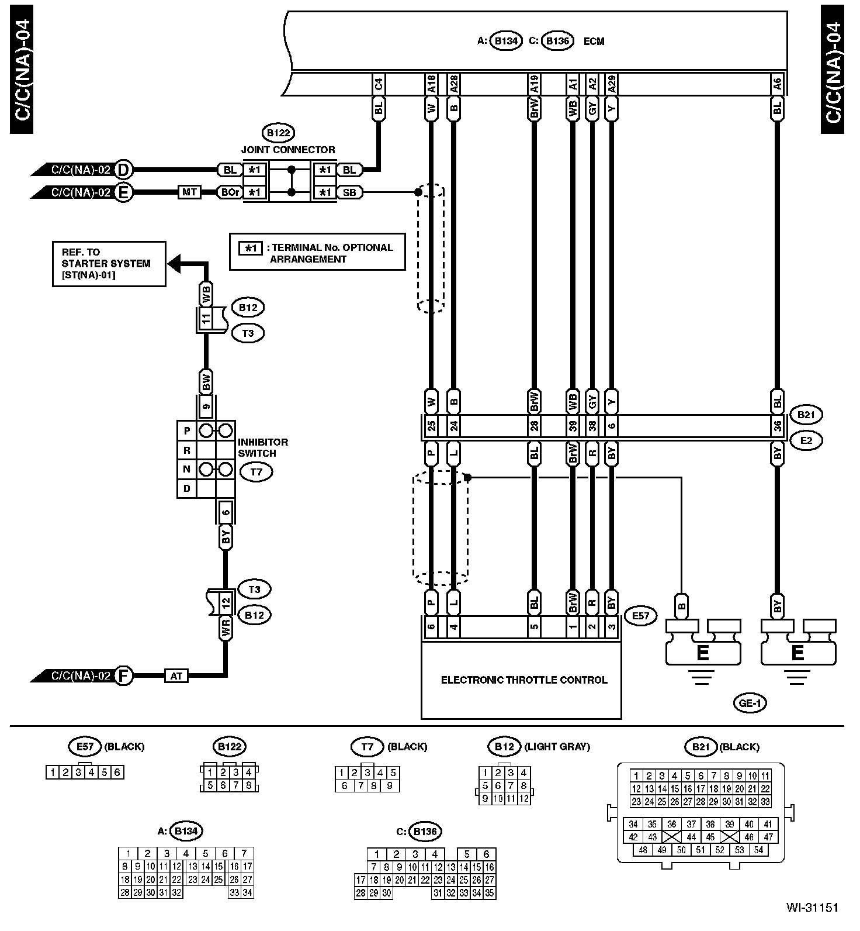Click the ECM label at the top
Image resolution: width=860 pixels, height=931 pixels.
point(594,42)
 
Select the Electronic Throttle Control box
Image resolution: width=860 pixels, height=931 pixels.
point(523,680)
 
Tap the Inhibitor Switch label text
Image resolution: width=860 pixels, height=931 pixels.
point(262,447)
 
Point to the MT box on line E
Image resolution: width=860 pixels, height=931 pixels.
point(189,192)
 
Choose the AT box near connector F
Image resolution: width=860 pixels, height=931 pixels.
point(176,675)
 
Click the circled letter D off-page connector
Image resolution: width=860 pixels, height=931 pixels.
point(123,170)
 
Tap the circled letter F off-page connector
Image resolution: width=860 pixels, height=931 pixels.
point(123,675)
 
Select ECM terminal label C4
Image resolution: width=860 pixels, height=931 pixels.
point(379,84)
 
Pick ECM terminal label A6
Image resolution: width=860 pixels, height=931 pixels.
point(777,84)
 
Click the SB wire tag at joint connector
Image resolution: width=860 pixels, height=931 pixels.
point(349,192)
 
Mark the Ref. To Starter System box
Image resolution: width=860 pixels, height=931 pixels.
point(109,264)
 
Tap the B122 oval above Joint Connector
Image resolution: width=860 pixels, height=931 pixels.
point(278,133)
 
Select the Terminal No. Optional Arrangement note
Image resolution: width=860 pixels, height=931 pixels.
point(317,253)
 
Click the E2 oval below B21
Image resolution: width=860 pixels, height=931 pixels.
point(806,440)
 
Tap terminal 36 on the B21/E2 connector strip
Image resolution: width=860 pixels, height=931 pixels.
point(777,427)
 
